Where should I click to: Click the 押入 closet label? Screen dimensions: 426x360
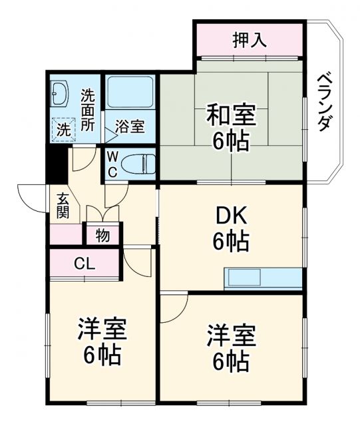(x=250, y=40)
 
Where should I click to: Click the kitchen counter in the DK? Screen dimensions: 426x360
(x=264, y=278)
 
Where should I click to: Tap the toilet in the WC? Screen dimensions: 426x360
(x=139, y=162)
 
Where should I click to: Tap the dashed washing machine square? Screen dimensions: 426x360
(x=65, y=128)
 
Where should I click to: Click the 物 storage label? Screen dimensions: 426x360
(x=102, y=235)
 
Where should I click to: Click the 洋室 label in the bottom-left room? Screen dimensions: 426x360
(x=102, y=328)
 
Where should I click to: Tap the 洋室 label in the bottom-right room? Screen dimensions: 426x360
(x=231, y=333)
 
